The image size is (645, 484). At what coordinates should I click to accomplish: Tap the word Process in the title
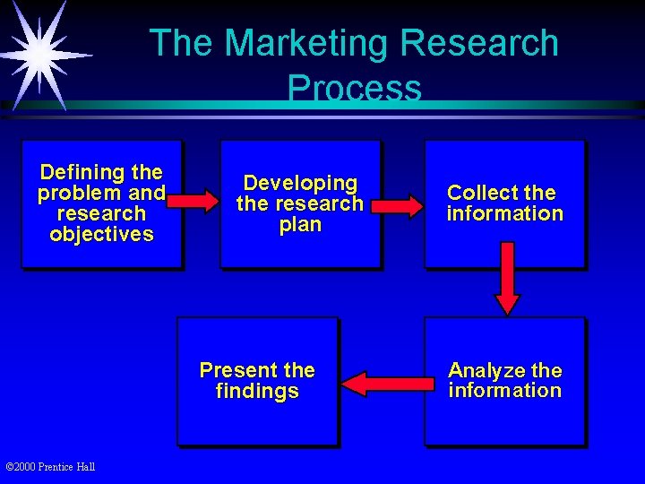pyautogui.click(x=354, y=88)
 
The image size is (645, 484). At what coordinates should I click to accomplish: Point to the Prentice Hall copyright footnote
pyautogui.click(x=50, y=466)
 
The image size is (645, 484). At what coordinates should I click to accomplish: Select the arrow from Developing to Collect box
pyautogui.click(x=398, y=206)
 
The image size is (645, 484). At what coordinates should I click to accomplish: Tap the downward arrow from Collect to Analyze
pyautogui.click(x=507, y=279)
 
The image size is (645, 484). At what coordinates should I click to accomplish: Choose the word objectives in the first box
pyautogui.click(x=101, y=235)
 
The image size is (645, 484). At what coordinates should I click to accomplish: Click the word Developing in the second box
pyautogui.click(x=300, y=184)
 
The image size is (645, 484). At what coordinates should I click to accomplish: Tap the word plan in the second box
pyautogui.click(x=300, y=225)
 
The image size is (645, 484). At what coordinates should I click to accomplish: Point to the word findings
pyautogui.click(x=257, y=392)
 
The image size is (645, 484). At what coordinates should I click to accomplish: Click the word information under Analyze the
pyautogui.click(x=505, y=391)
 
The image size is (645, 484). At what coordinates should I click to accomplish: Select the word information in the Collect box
pyautogui.click(x=505, y=213)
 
